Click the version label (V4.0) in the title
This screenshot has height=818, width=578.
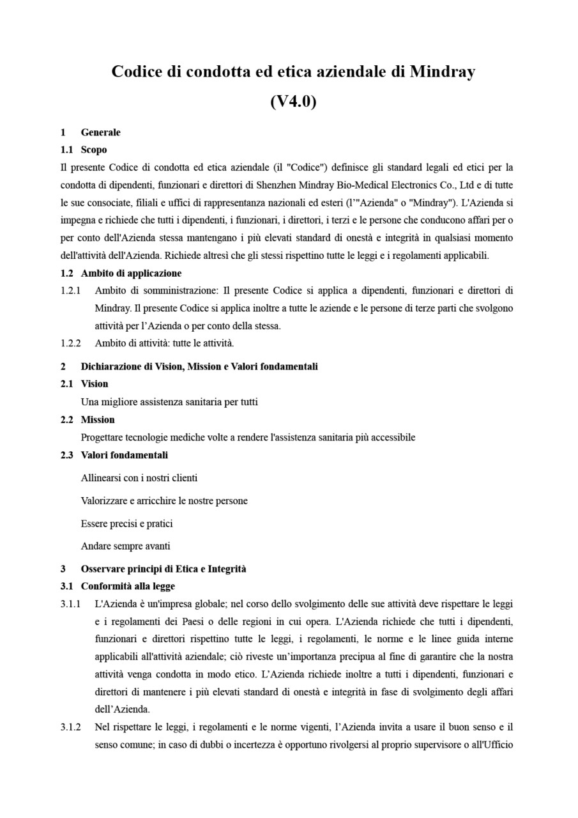point(293,102)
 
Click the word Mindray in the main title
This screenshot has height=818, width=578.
point(442,72)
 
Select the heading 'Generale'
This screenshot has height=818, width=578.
point(100,132)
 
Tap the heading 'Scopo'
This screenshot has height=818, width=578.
point(94,150)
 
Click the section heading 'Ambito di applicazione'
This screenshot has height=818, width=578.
point(131,273)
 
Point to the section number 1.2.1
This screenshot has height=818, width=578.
point(70,291)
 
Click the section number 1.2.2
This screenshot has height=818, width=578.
point(70,343)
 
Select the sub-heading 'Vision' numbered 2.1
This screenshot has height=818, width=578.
point(95,383)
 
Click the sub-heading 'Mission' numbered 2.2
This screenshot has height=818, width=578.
point(98,419)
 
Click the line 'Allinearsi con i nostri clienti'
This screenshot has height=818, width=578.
point(139,477)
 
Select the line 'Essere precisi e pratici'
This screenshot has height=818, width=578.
point(126,523)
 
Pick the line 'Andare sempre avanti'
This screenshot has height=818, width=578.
point(125,546)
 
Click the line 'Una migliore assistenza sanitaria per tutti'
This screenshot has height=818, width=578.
point(169,402)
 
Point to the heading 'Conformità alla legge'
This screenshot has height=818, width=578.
point(128,586)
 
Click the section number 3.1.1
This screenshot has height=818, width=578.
point(70,604)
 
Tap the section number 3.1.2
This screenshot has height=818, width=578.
point(70,727)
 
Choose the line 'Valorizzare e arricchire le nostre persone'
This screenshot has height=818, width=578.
point(164,500)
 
